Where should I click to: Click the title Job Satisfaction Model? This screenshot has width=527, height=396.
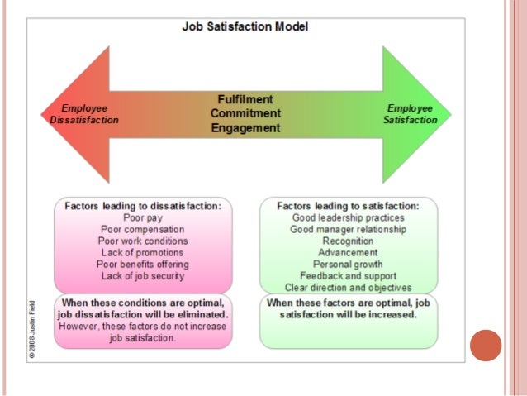pyautogui.click(x=245, y=26)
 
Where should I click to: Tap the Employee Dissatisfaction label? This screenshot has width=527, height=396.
pyautogui.click(x=84, y=114)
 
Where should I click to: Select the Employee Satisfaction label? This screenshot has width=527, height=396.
pyautogui.click(x=410, y=114)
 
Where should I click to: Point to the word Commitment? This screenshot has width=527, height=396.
pyautogui.click(x=245, y=113)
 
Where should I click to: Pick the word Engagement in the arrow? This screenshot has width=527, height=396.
pyautogui.click(x=245, y=128)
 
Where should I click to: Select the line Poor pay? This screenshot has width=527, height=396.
pyautogui.click(x=143, y=217)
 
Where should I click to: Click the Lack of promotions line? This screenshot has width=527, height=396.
pyautogui.click(x=143, y=252)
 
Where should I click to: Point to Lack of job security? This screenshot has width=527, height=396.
pyautogui.click(x=143, y=275)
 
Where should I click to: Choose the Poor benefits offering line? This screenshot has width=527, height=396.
pyautogui.click(x=143, y=264)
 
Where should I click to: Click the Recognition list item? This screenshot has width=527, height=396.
pyautogui.click(x=348, y=241)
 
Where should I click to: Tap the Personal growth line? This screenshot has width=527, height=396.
pyautogui.click(x=348, y=264)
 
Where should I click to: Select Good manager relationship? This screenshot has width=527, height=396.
pyautogui.click(x=348, y=229)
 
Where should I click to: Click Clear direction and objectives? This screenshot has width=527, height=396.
pyautogui.click(x=348, y=287)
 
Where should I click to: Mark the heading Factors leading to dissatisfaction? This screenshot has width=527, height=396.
pyautogui.click(x=143, y=206)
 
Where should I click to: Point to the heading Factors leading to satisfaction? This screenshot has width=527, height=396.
pyautogui.click(x=348, y=206)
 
